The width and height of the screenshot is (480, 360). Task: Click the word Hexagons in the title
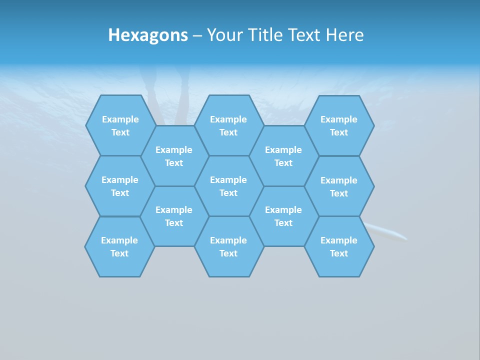(148, 35)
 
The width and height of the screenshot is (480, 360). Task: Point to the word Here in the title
(345, 35)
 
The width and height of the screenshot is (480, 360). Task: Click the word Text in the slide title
(304, 35)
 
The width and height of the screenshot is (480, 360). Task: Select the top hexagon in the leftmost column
(120, 125)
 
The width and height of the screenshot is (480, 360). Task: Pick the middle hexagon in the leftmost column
(120, 186)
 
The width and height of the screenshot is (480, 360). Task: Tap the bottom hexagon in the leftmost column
(119, 246)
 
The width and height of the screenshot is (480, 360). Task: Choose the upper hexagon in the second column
(174, 156)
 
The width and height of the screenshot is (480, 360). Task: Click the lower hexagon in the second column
(174, 216)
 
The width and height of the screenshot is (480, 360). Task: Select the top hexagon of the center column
(228, 125)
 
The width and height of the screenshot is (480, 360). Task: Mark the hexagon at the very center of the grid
(228, 186)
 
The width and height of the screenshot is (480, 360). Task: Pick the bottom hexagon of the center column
(228, 246)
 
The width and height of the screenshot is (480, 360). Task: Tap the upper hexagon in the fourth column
(283, 156)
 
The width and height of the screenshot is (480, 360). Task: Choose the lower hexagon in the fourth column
(283, 216)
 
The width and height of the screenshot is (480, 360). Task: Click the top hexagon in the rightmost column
(339, 125)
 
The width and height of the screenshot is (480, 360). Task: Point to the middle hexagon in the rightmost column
(339, 186)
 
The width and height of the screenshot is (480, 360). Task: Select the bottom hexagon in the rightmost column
(339, 246)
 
